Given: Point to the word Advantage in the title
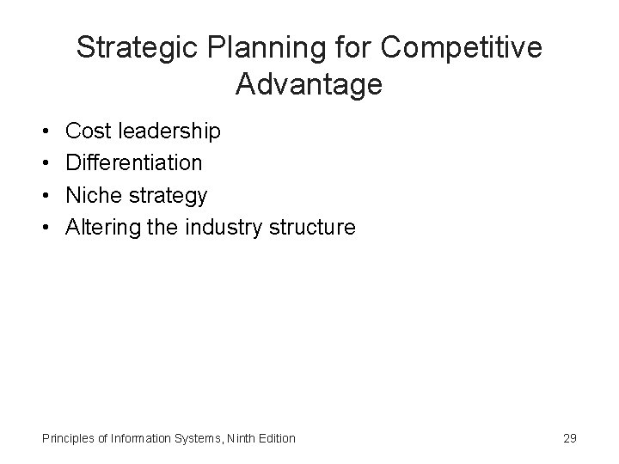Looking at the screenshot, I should coord(309,84).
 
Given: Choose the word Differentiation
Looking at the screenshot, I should coord(134,163).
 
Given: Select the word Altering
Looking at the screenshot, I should coord(101,228).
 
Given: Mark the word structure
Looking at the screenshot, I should coord(312,228).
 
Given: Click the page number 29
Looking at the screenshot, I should coord(569,438).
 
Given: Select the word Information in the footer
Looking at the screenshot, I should coord(143,439).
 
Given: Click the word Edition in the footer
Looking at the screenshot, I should coord(278,439).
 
